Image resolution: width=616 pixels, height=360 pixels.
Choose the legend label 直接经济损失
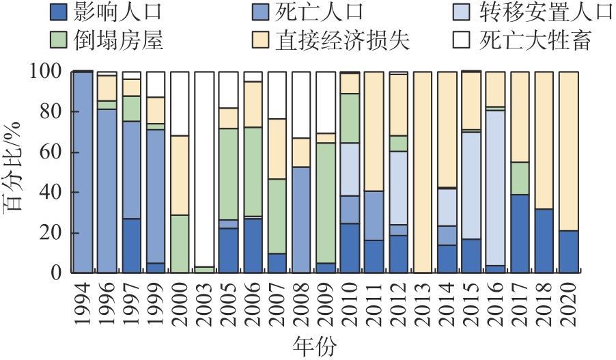(342, 40)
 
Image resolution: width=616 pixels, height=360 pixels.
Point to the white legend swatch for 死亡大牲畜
(464, 40)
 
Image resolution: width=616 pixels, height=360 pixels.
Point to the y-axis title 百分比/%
(15, 171)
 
